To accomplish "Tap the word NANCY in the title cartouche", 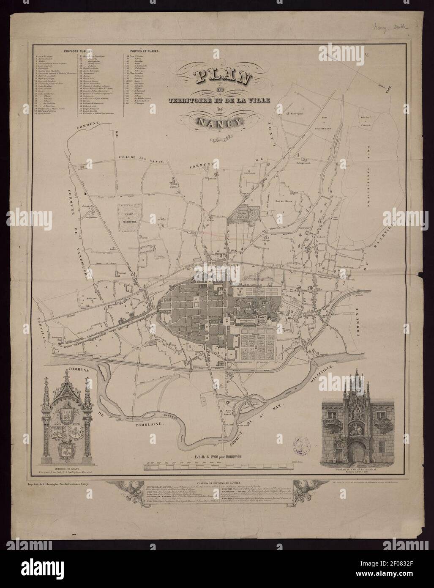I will click(222, 122).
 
